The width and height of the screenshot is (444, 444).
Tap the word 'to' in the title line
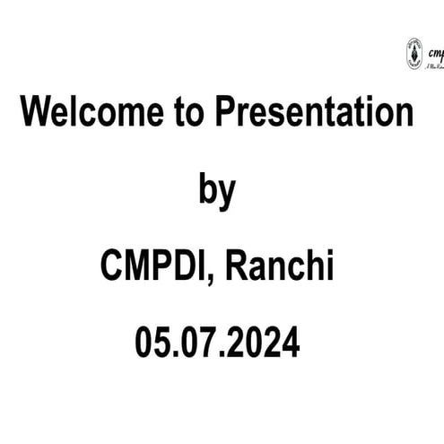point(187,114)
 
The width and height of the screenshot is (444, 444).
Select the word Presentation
point(313,114)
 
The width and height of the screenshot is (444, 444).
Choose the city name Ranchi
point(279,267)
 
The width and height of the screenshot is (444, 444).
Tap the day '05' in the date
point(152,344)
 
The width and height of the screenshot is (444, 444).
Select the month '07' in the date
point(198,344)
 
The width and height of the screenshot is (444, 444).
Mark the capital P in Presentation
point(224,114)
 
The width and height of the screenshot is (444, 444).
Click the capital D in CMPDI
point(192,267)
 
